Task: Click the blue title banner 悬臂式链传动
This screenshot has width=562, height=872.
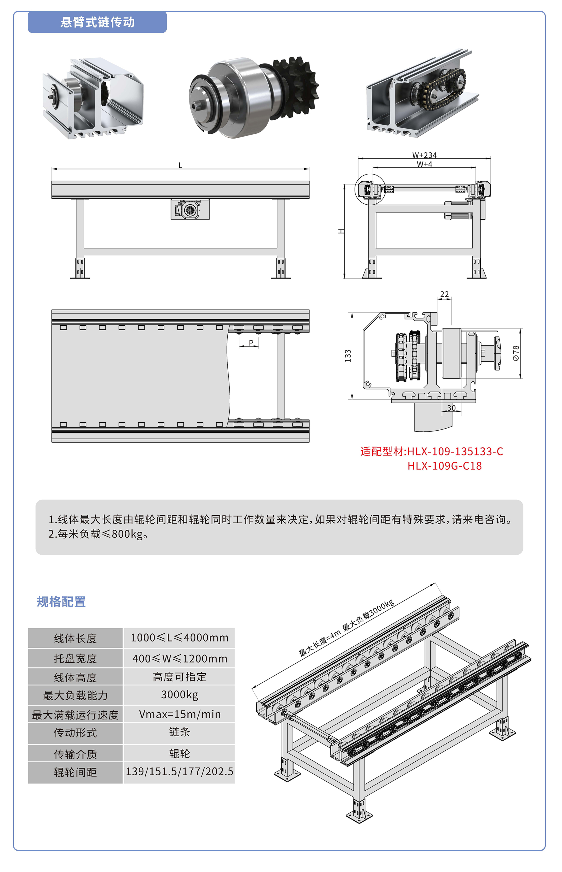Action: tap(97, 22)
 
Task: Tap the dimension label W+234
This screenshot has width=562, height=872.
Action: tap(424, 155)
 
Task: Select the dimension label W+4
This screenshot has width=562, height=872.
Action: tap(424, 164)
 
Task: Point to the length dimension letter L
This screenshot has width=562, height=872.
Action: tap(180, 165)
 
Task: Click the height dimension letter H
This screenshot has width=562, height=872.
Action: tap(341, 231)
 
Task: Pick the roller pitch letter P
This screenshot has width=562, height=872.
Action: tap(251, 343)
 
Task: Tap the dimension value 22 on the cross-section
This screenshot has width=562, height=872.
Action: tap(444, 294)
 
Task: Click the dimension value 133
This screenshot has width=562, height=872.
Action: tap(348, 356)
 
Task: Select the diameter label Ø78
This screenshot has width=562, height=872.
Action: tap(516, 353)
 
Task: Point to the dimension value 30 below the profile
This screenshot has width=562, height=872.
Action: tap(451, 408)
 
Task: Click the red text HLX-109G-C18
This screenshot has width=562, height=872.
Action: tap(445, 466)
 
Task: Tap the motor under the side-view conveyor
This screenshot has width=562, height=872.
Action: tap(190, 209)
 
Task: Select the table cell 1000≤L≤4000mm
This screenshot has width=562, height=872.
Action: tap(179, 638)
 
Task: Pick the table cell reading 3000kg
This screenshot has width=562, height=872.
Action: tap(179, 695)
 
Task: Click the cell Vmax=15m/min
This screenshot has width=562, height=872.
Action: tap(179, 714)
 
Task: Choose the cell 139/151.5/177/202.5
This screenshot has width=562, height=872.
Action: tap(179, 772)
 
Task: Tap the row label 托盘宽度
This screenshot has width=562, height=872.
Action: tap(75, 659)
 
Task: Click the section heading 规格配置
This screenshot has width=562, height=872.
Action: tap(61, 602)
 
